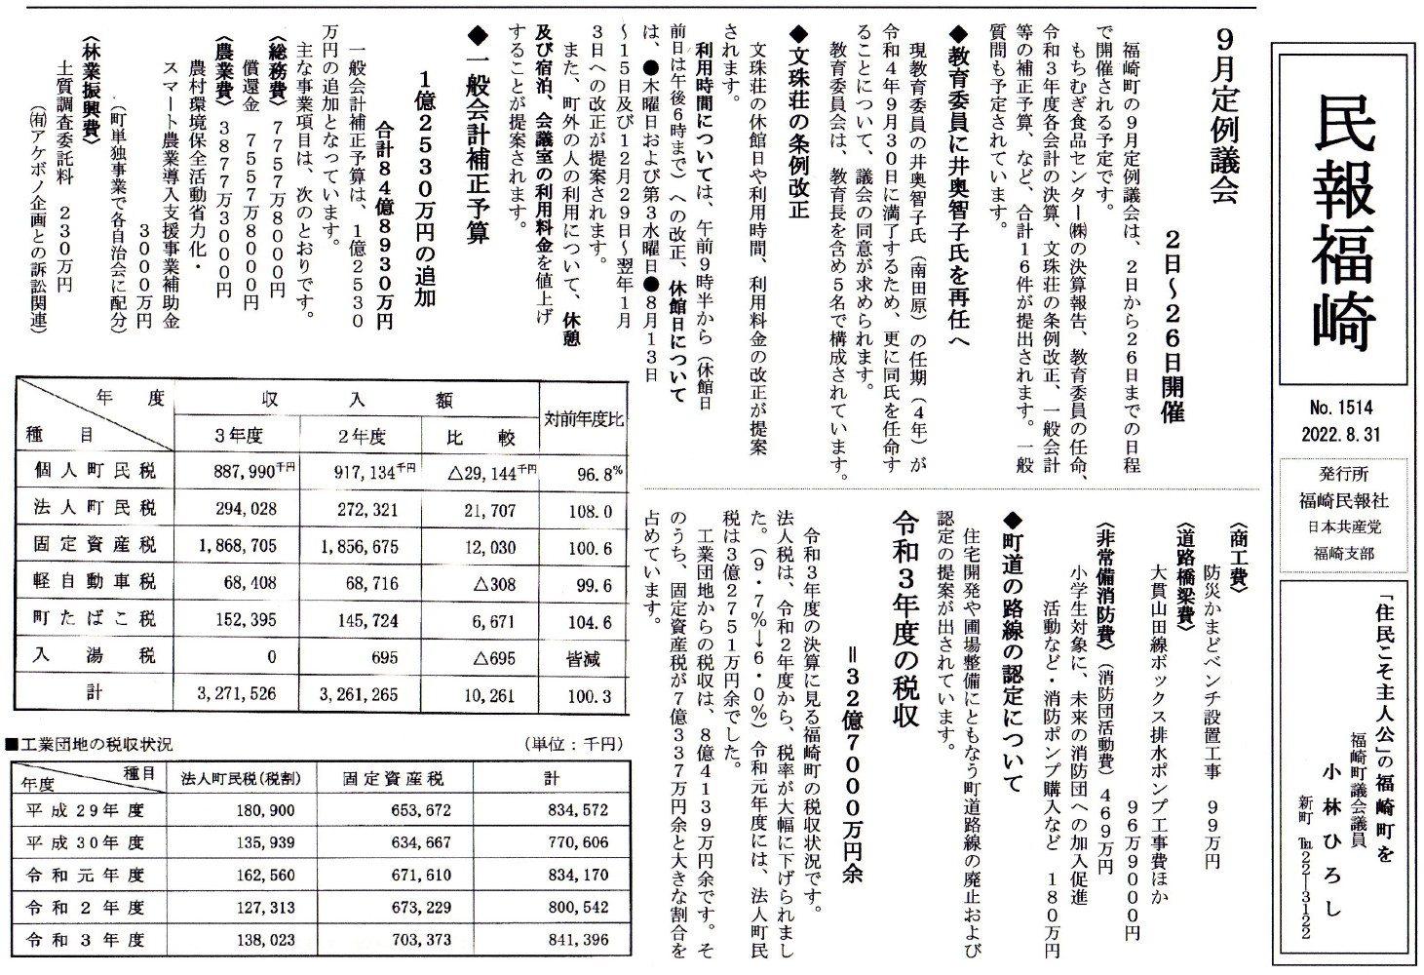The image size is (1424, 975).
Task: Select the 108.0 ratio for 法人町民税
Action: click(590, 510)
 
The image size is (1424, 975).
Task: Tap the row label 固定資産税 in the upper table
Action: click(94, 546)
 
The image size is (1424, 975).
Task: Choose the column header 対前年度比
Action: click(583, 419)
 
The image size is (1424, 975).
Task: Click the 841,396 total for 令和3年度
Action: click(577, 940)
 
